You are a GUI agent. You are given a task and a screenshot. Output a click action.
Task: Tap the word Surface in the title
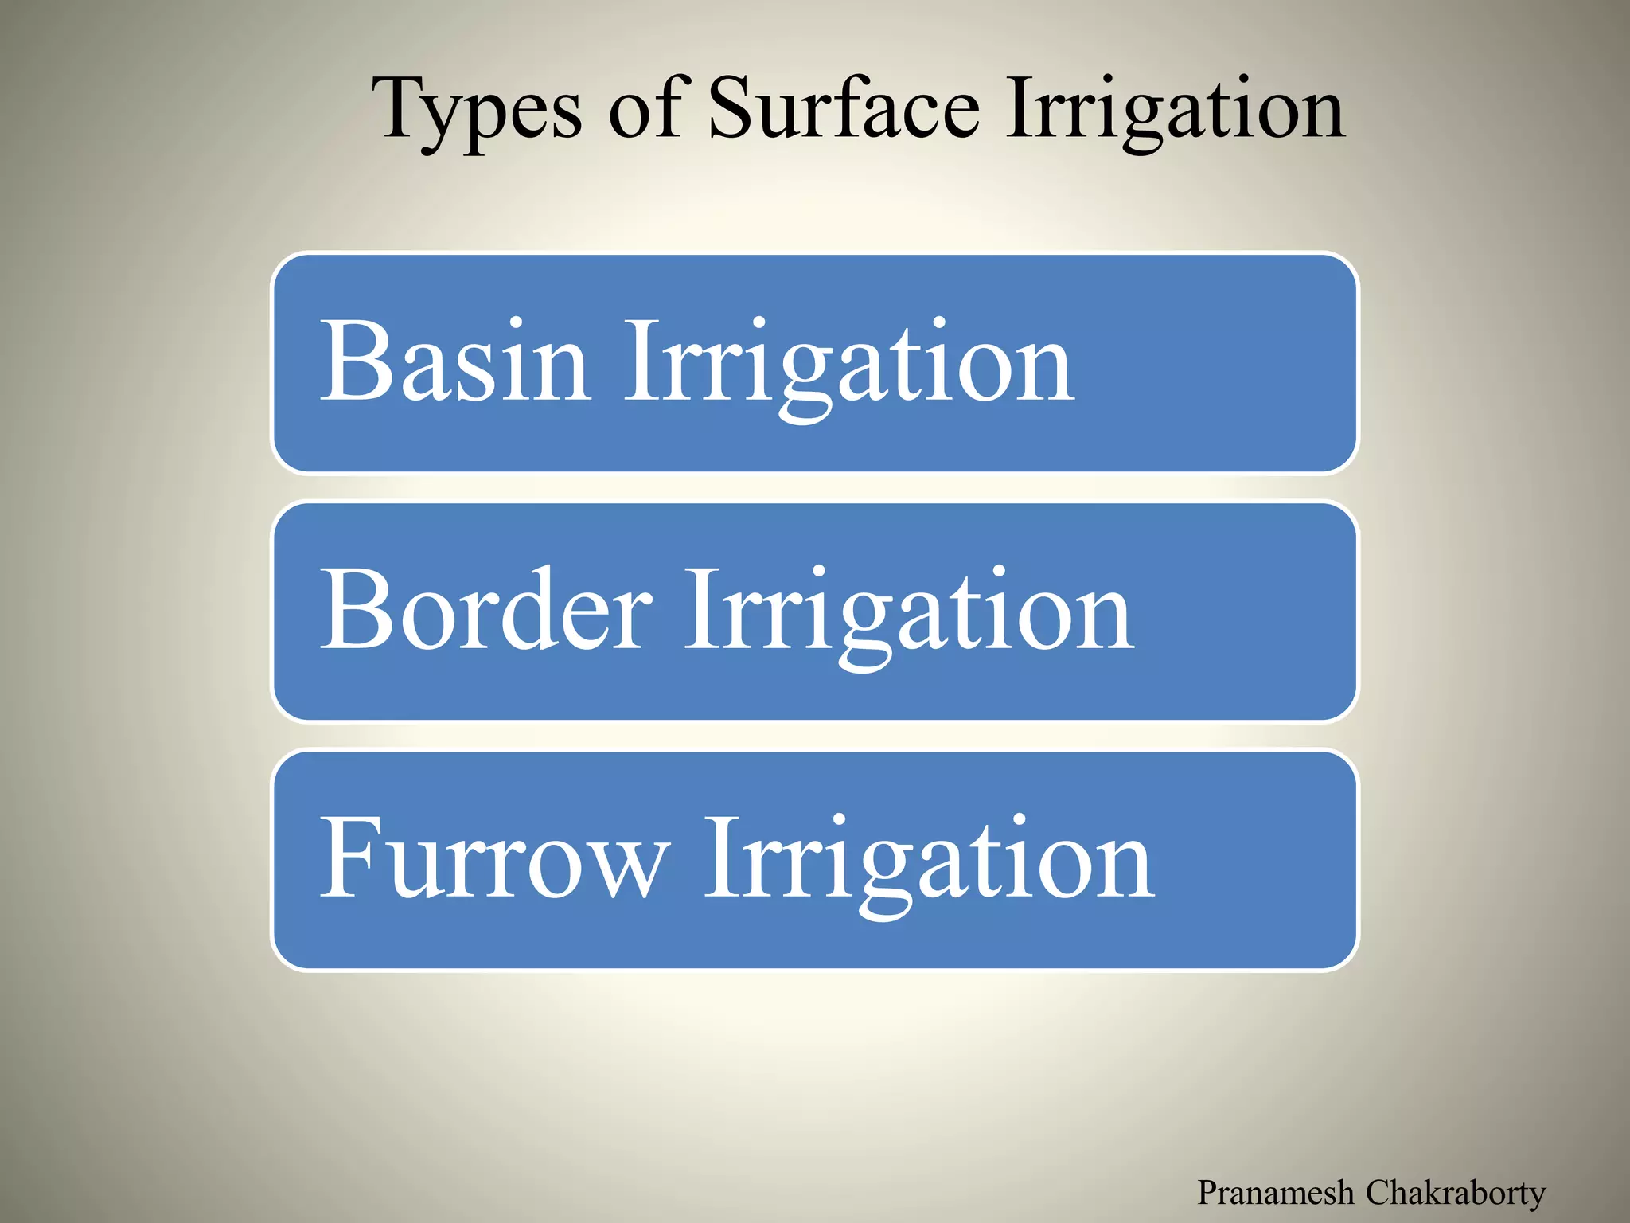844,107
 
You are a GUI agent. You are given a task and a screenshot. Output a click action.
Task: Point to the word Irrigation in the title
1175,111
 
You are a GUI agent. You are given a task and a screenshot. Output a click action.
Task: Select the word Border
486,609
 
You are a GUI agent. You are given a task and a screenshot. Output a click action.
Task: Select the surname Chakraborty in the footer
1456,1193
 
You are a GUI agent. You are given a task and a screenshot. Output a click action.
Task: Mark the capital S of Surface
732,107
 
